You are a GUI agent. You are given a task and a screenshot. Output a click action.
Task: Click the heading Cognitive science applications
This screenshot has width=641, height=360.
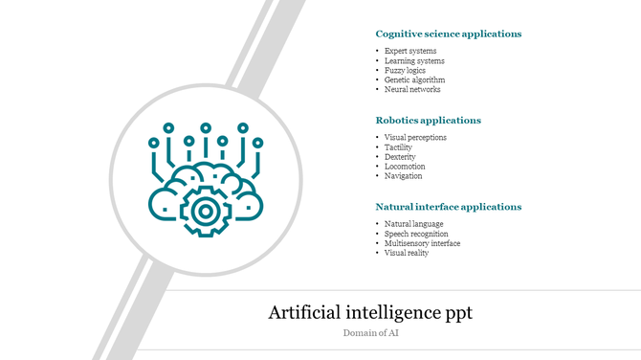(448, 34)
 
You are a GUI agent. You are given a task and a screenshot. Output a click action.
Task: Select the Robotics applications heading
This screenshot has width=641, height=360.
(428, 121)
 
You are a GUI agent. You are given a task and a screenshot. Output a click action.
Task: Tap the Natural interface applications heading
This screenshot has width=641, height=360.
(448, 207)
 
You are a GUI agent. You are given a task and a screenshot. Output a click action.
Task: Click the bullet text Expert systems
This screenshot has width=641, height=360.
(410, 51)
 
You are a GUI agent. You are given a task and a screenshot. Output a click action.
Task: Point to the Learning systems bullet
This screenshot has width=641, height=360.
(414, 61)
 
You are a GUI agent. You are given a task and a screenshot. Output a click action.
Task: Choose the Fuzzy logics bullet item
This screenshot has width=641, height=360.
(405, 71)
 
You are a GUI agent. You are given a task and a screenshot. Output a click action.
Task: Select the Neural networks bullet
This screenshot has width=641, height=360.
(412, 90)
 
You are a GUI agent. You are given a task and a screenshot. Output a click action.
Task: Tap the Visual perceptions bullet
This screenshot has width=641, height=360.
(415, 138)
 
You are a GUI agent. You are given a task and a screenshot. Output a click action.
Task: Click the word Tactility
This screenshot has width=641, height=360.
(398, 147)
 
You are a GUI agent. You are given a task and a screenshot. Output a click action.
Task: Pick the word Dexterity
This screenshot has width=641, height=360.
(400, 157)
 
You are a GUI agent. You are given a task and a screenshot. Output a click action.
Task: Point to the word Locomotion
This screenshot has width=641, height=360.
(405, 167)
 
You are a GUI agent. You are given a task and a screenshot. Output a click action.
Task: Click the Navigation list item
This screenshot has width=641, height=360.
(403, 176)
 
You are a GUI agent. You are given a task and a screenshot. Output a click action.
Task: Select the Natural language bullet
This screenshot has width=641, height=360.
(413, 224)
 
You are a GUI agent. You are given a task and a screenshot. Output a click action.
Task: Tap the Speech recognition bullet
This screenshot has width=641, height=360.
(416, 234)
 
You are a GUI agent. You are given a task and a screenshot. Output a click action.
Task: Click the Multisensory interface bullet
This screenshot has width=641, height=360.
(422, 243)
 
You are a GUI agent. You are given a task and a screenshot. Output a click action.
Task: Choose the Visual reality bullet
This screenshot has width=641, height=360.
(407, 253)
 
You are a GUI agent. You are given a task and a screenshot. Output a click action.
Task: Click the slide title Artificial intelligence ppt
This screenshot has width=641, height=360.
(369, 313)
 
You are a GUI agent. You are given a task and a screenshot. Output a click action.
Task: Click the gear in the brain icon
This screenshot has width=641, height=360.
(205, 210)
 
